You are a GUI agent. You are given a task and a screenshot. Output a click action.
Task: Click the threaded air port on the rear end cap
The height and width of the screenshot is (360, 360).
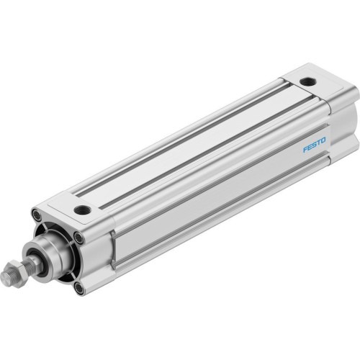coord(307,81)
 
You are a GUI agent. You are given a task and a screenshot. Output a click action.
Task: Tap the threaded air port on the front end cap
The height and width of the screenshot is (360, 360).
coord(82,210)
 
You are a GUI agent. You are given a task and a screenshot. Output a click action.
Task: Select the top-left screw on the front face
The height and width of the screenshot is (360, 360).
coord(36,213)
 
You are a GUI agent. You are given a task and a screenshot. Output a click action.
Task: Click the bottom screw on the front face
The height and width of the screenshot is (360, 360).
coord(79,289)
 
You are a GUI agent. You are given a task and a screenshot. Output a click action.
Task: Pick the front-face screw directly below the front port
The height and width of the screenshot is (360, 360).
coord(78,235)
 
